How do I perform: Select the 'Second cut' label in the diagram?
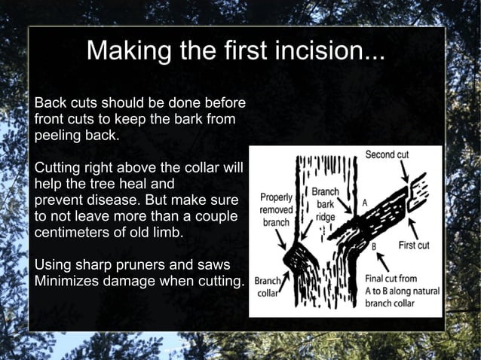pos(387,154)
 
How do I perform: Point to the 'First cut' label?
pos(413,246)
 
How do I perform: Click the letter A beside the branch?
pos(365,203)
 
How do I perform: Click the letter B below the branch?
pos(374,246)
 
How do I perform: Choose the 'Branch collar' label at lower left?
pos(267,287)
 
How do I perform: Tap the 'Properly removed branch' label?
pos(277,210)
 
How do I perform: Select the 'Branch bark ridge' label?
pos(326,203)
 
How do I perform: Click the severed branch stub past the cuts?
pos(416,195)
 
